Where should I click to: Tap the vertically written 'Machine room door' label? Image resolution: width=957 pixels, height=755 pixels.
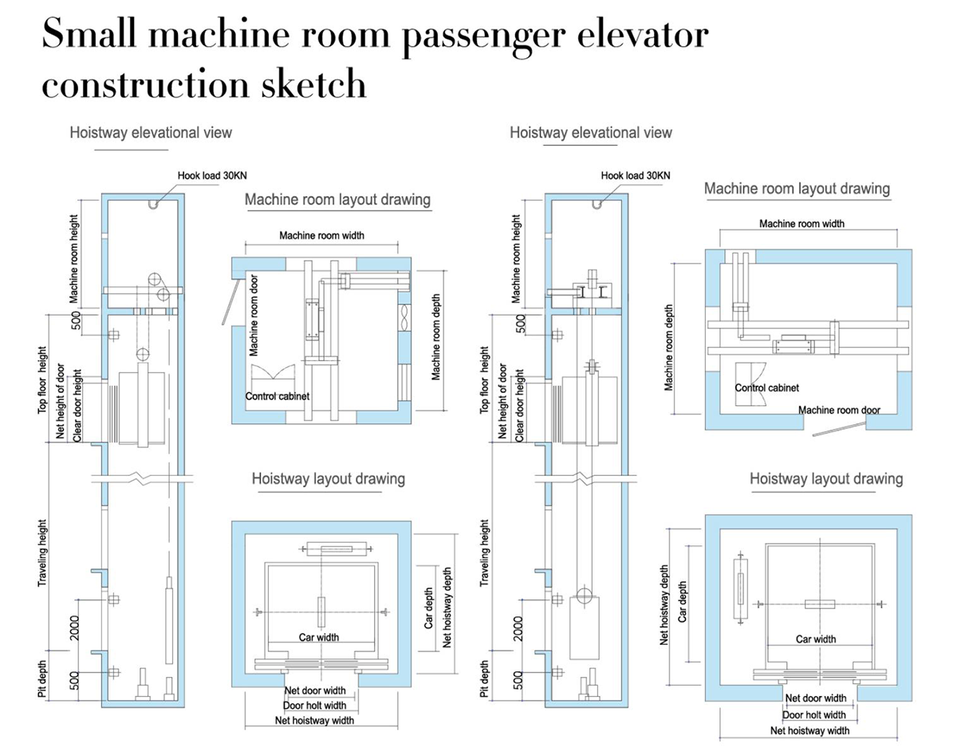coord(254,311)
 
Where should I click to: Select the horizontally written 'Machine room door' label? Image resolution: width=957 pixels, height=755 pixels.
coord(839,410)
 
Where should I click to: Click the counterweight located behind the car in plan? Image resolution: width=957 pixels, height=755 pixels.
coord(336,549)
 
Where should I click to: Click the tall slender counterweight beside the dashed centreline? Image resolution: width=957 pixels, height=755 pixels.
coord(169,621)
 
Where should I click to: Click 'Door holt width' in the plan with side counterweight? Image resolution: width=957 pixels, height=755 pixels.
coord(813,714)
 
